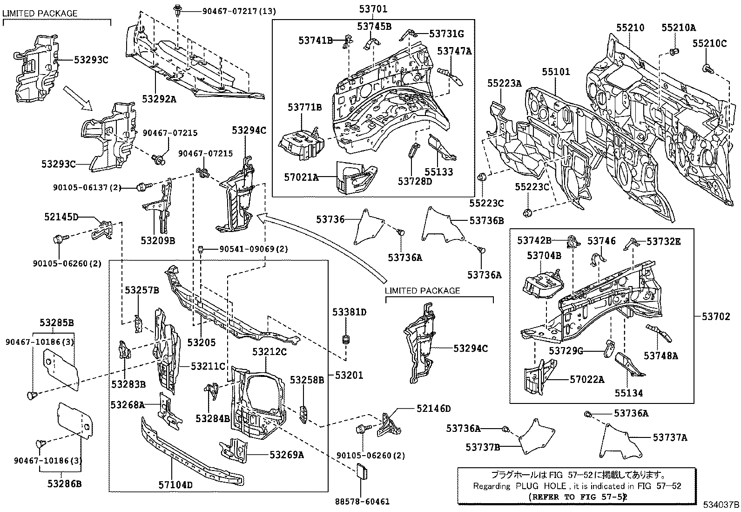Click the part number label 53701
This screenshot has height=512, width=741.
click(x=373, y=8)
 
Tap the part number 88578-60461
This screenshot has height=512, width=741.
click(x=362, y=502)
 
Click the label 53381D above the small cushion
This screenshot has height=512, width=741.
click(x=349, y=312)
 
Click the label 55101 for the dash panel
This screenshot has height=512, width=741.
click(x=555, y=72)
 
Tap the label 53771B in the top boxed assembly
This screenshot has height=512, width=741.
click(x=304, y=108)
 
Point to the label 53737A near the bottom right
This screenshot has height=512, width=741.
click(x=669, y=437)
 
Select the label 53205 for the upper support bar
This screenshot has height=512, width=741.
click(x=202, y=342)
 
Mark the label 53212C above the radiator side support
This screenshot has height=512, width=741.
click(x=269, y=352)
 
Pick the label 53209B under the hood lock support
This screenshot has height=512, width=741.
click(x=158, y=241)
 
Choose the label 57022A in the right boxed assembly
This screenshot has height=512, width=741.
click(x=586, y=380)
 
